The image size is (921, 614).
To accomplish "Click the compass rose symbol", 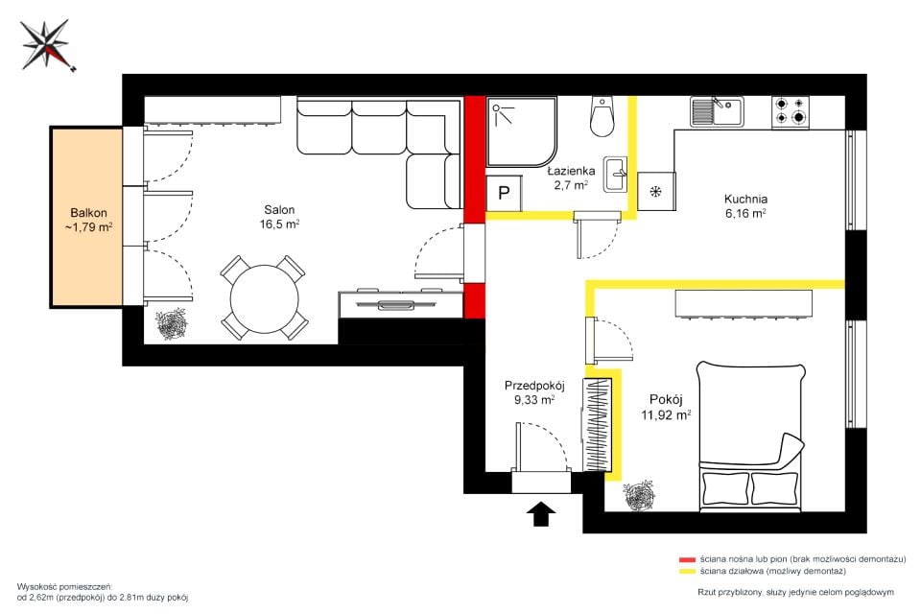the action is (x=46, y=45).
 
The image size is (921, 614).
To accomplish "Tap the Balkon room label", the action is (x=88, y=220).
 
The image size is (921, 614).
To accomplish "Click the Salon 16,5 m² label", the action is (x=279, y=217).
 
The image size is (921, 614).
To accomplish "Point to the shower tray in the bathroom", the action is (x=521, y=132).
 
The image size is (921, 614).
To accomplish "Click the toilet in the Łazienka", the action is (x=602, y=115).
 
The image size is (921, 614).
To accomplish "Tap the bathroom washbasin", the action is (x=615, y=174).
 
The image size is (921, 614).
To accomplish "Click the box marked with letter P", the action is (x=504, y=193).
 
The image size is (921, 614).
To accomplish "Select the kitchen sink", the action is (x=716, y=111).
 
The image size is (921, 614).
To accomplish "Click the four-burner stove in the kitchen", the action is (x=790, y=111).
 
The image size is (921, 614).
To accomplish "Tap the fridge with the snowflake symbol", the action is (x=656, y=192).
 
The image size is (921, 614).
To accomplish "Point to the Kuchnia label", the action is (x=745, y=205).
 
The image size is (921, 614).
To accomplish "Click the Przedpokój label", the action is (x=534, y=392).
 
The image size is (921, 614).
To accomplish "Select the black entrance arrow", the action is (x=541, y=513).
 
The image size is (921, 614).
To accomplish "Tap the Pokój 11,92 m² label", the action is (x=666, y=407).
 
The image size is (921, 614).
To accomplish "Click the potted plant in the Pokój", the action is (x=639, y=495).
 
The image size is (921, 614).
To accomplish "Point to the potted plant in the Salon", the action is (x=171, y=325).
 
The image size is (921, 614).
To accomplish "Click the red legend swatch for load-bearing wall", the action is (x=687, y=559).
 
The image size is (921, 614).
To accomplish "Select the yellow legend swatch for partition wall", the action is (x=687, y=571).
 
